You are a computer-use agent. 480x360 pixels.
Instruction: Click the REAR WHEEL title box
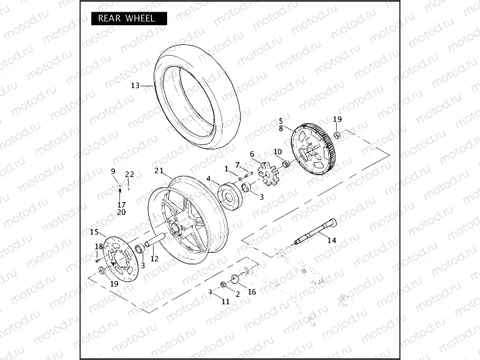[128, 18]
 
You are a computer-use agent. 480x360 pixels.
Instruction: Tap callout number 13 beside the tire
[135, 86]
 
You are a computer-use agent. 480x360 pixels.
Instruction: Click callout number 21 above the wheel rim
[159, 171]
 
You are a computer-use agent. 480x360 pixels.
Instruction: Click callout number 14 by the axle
[331, 241]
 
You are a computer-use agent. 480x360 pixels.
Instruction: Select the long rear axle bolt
[316, 232]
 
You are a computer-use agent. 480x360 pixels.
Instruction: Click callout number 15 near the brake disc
[94, 232]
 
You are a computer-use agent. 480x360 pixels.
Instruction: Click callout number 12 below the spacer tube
[154, 259]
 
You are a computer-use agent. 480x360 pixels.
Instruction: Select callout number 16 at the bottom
[252, 292]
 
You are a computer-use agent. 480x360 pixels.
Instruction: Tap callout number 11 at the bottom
[225, 301]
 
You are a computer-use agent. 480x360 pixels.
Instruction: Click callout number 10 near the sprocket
[277, 151]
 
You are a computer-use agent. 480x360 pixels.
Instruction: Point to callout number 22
[130, 174]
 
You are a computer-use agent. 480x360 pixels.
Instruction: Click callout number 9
[113, 171]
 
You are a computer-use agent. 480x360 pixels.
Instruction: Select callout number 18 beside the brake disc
[99, 247]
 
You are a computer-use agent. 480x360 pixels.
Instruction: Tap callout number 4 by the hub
[209, 179]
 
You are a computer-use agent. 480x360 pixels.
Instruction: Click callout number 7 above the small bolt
[238, 165]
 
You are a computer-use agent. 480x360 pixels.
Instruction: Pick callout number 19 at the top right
[337, 119]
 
